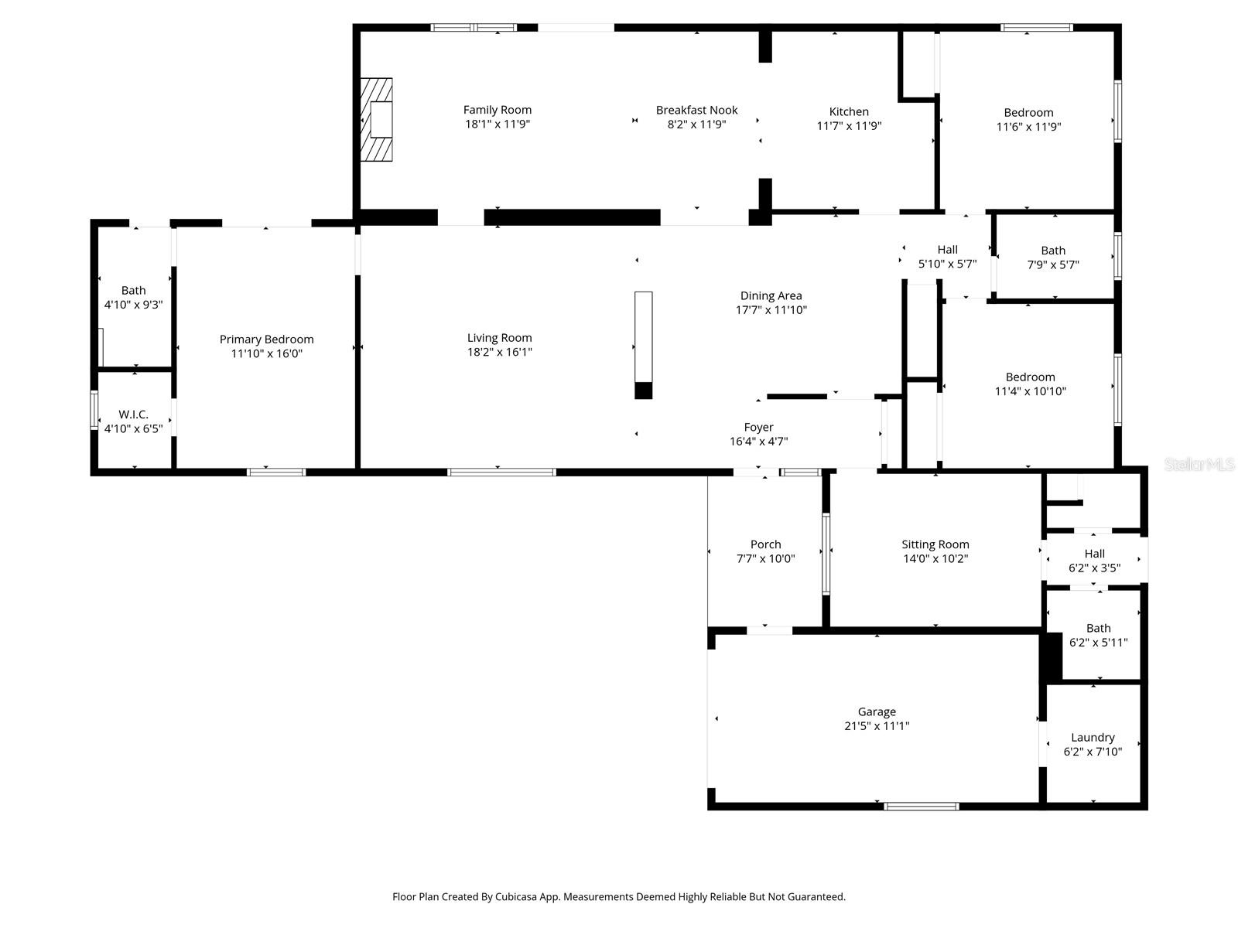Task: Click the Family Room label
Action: click(x=497, y=110)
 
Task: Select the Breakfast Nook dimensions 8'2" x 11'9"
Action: click(x=696, y=125)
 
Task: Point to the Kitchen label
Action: click(x=849, y=111)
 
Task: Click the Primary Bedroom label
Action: click(x=266, y=339)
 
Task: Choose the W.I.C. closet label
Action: click(x=133, y=415)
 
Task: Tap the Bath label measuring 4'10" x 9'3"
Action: click(x=133, y=290)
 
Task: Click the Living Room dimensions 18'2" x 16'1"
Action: click(x=499, y=352)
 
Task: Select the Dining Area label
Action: click(x=771, y=295)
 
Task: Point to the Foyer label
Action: click(x=758, y=427)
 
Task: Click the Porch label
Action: click(x=765, y=544)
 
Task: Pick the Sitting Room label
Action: click(x=935, y=544)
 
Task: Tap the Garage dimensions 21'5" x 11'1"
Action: click(x=877, y=726)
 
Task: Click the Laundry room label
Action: click(x=1093, y=737)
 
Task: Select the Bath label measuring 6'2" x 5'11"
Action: click(x=1098, y=628)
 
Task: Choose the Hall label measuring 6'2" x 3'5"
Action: click(x=1094, y=554)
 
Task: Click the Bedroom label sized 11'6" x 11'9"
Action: click(x=1028, y=113)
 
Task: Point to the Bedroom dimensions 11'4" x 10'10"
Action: click(x=1030, y=391)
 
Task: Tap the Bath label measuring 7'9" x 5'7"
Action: click(x=1052, y=251)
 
